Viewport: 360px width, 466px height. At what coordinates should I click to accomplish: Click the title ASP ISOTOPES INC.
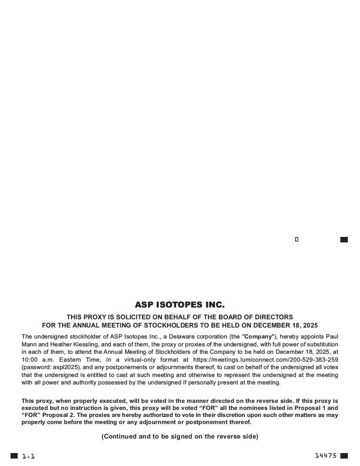pos(180,305)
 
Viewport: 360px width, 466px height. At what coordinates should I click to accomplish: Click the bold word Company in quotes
pos(258,337)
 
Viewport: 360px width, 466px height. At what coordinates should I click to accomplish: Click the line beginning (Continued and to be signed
pos(180,436)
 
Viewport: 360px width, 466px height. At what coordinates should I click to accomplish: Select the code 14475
pos(326,455)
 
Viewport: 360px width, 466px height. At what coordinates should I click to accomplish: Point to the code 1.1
pos(28,456)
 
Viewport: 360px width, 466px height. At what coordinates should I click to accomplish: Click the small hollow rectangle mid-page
pos(296,239)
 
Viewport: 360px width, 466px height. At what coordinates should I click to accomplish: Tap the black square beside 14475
pos(344,456)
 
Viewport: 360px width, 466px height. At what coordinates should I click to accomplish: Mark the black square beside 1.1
pos(14,456)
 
